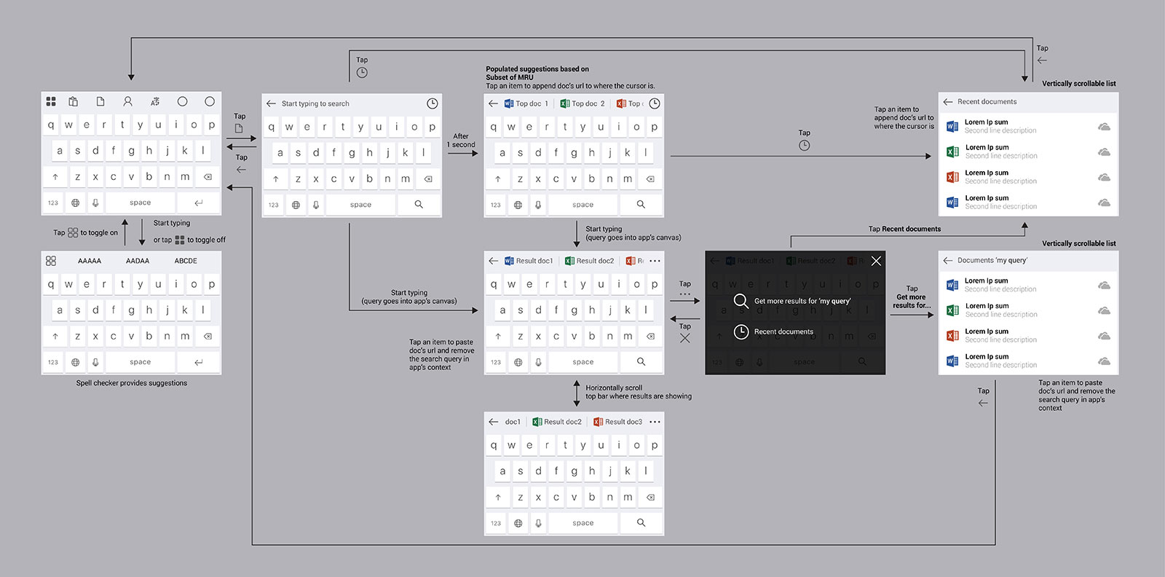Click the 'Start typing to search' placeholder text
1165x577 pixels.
(x=315, y=103)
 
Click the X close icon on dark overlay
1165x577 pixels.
(x=876, y=261)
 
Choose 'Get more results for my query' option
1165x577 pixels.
(x=802, y=301)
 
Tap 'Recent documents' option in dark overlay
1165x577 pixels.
(x=783, y=331)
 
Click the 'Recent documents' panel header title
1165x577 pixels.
(x=987, y=102)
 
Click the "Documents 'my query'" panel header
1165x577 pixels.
(x=992, y=260)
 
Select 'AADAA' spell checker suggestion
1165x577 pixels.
(x=138, y=261)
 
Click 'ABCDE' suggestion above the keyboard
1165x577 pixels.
(x=186, y=261)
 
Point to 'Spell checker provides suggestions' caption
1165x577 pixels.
(x=132, y=383)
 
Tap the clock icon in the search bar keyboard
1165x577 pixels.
(x=432, y=103)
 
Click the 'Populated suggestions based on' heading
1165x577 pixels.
(x=537, y=69)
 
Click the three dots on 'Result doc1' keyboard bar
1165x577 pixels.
(x=655, y=261)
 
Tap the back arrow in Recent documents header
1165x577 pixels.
(x=947, y=102)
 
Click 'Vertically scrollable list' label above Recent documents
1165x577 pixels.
(x=1078, y=84)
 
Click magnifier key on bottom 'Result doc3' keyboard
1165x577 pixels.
(x=641, y=522)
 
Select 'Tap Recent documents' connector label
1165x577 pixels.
(x=904, y=229)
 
